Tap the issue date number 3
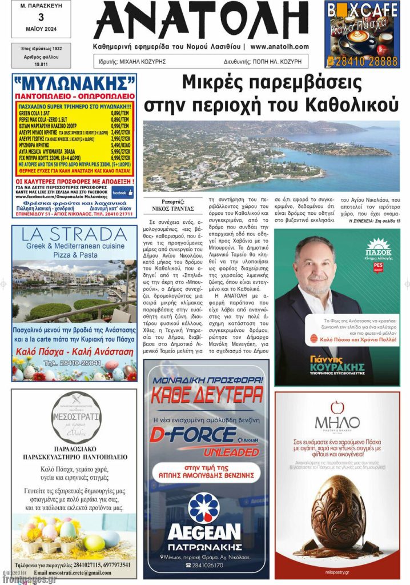click(x=41, y=18)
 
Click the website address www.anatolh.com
click(x=279, y=47)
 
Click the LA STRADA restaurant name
click(x=74, y=235)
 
